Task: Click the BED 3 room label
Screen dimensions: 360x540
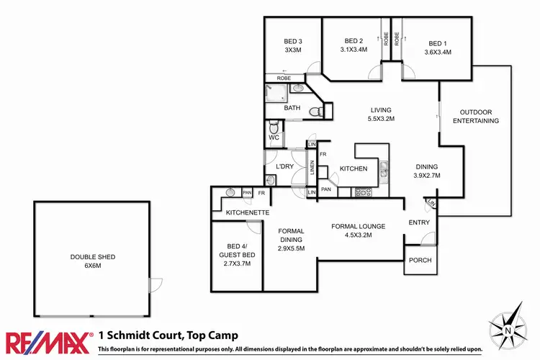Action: click(292, 46)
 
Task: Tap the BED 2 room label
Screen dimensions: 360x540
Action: click(354, 45)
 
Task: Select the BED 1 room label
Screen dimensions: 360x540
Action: click(438, 47)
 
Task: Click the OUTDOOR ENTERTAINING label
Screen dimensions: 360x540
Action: click(476, 117)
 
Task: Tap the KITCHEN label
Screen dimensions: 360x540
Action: click(354, 168)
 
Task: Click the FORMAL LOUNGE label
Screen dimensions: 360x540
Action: click(358, 230)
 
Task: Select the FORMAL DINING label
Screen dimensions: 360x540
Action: click(292, 240)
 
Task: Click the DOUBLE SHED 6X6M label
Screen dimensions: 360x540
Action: click(92, 261)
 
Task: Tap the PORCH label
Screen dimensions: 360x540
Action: click(420, 260)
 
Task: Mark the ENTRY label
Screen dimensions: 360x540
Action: click(418, 223)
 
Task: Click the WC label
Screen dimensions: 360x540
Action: click(274, 137)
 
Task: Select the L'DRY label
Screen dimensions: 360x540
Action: click(284, 167)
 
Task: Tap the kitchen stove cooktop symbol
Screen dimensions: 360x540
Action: click(362, 192)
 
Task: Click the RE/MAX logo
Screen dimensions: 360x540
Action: click(49, 340)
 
